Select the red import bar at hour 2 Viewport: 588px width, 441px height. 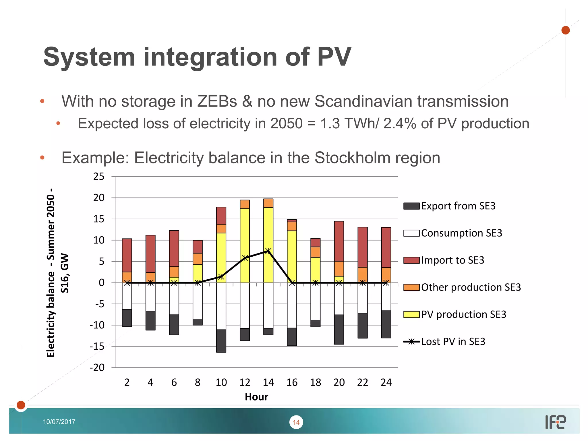127,255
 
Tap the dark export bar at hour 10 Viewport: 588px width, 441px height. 221,341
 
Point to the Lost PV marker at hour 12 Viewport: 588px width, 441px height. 245,258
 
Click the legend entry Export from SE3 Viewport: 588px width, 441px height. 458,206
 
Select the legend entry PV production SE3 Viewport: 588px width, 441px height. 463,314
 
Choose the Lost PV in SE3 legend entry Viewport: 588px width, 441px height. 453,342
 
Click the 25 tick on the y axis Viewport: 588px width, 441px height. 99,177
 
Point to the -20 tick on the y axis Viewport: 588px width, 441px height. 97,367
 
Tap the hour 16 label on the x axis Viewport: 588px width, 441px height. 292,382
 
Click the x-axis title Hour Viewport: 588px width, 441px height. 256,397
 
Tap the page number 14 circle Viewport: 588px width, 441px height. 296,422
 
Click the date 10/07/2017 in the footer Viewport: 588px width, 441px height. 59,422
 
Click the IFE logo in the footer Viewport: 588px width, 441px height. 555,422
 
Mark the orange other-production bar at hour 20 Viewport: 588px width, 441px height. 339,269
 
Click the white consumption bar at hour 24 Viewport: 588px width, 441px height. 386,297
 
